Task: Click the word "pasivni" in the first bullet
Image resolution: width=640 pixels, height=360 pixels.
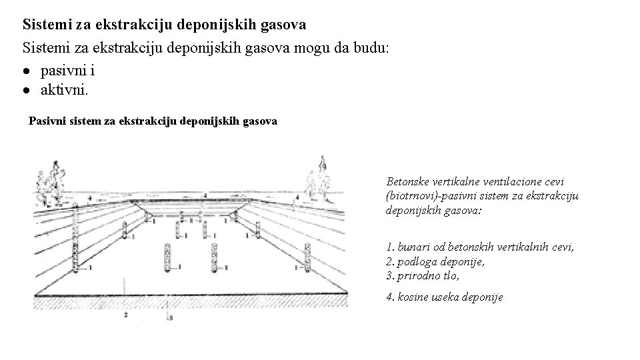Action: (61, 69)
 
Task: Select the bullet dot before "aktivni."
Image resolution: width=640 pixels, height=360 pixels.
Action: (29, 89)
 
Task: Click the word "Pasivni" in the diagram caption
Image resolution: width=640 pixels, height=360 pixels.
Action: (49, 121)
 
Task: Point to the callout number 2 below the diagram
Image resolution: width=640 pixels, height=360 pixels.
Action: (125, 313)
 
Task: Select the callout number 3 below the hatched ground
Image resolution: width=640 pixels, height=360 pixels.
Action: (171, 319)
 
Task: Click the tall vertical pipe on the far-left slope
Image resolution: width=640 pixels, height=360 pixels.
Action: (76, 240)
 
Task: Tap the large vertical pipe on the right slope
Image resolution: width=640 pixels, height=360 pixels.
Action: (307, 257)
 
